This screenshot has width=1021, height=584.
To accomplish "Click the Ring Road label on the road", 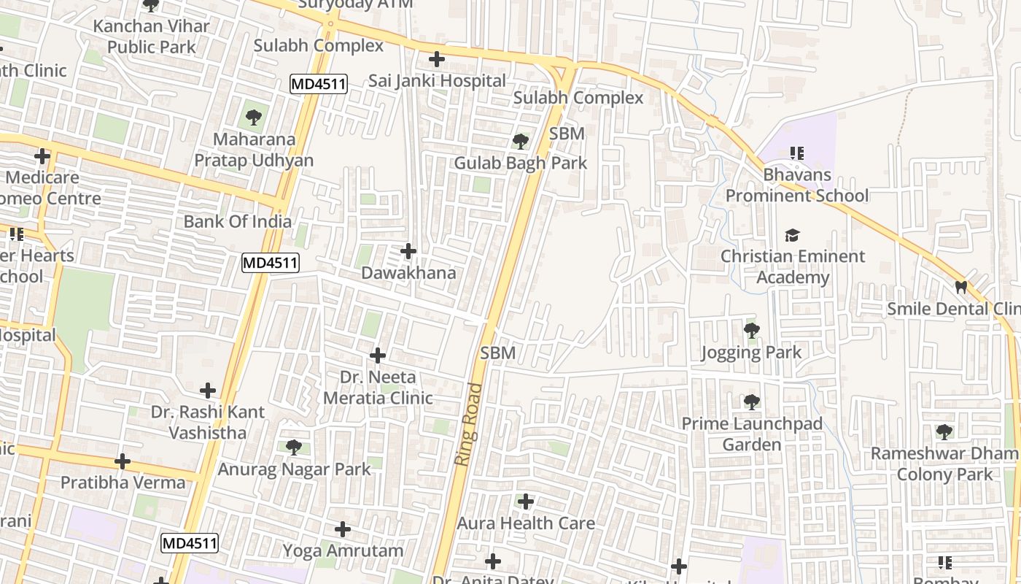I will click(468, 424).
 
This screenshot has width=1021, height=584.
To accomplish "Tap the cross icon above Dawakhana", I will click(408, 252).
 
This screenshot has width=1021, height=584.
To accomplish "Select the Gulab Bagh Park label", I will click(520, 163).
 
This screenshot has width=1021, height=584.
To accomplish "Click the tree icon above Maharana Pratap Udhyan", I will click(253, 117).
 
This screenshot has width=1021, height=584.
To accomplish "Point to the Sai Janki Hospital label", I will click(436, 80).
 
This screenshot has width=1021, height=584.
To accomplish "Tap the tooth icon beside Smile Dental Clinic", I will click(961, 288).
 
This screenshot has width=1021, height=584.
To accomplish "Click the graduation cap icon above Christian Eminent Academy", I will click(792, 235).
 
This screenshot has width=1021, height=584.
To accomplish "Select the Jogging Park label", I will click(750, 353).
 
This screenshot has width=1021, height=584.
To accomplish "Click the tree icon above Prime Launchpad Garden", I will click(751, 401).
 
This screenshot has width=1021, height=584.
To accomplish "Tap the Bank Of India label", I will click(237, 221).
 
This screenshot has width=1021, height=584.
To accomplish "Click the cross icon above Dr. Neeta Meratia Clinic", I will click(378, 356).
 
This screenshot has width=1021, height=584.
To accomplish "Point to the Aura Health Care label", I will click(525, 523).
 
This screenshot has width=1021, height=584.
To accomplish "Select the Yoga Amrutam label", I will click(343, 550).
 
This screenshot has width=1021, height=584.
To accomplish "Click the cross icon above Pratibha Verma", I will click(123, 461).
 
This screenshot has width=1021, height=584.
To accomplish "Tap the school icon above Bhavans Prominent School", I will click(796, 153).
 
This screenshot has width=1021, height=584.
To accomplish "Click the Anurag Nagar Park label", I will click(294, 469).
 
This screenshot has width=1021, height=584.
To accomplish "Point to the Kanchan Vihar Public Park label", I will click(151, 36).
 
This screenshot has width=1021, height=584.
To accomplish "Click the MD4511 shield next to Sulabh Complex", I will click(318, 84).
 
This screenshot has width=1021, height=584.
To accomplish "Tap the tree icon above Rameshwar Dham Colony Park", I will click(944, 431).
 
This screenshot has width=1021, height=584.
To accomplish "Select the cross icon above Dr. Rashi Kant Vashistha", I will click(208, 391).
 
